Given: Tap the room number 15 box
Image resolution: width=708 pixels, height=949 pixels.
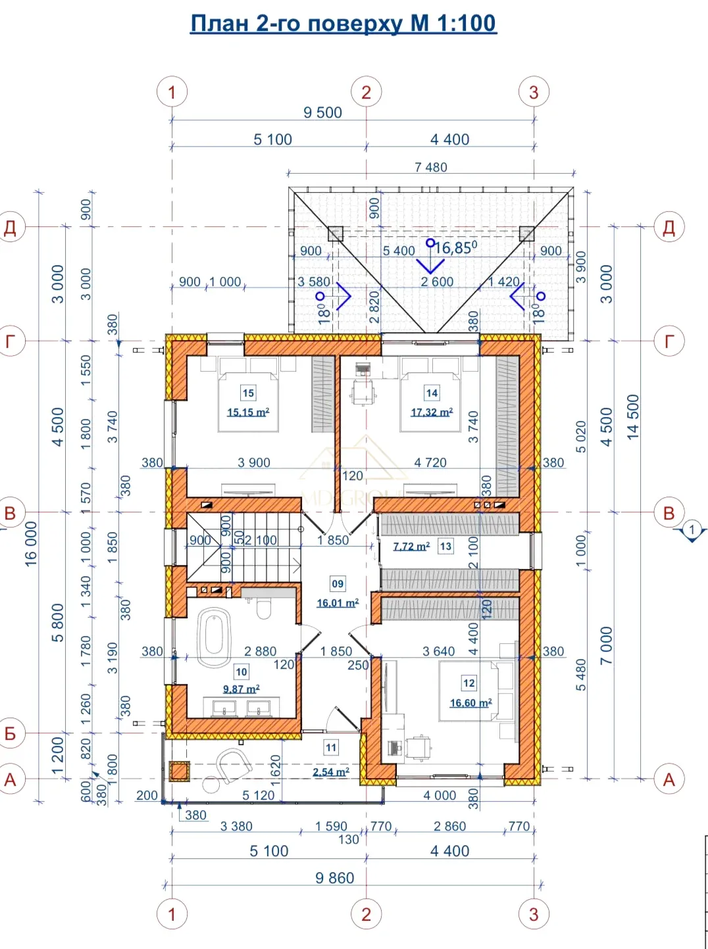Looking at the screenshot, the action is coord(248,393).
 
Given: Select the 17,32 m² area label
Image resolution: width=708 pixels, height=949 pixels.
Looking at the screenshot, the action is coord(432,412).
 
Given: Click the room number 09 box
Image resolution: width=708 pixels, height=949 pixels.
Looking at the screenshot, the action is coord(338,584).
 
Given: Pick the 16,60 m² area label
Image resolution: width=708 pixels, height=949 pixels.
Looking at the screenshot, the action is coord(470,702).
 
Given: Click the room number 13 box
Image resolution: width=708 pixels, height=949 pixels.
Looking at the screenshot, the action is coord(445,546).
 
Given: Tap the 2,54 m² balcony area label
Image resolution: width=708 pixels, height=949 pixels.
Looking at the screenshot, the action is coord(331,771).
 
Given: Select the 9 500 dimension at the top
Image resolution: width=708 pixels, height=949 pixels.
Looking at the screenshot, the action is coord(322,112).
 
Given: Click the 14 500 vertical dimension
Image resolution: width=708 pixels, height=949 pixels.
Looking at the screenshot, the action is coord(632,417).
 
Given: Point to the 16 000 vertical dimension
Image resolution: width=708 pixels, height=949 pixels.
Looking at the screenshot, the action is coord(31,545).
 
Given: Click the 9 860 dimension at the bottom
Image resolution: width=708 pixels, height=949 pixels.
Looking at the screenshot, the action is coord(335,878).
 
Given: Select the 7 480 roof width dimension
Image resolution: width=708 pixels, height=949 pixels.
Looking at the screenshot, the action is coord(431,167).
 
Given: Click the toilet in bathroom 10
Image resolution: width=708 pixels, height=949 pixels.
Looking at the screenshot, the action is coord(263,608).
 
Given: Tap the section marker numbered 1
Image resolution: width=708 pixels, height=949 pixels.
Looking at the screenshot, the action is coord(692,530).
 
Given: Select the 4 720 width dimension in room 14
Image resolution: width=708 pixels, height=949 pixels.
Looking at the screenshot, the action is coord(430,462).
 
